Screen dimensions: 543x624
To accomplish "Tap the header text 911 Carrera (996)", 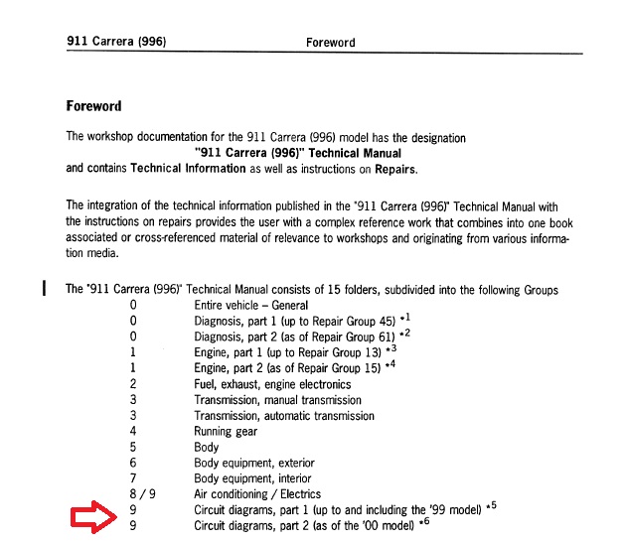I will [115, 42].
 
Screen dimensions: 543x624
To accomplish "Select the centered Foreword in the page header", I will [330, 43].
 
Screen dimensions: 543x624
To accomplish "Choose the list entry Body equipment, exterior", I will [253, 463].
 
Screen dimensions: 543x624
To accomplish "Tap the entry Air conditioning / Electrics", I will [257, 494].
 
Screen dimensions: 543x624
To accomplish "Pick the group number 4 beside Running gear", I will [132, 431].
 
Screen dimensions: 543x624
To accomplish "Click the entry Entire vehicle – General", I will [250, 306].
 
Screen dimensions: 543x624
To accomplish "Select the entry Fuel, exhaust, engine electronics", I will [272, 384].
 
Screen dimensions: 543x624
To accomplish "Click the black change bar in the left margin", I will [44, 290].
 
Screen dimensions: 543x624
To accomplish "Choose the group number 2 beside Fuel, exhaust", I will [132, 384].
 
